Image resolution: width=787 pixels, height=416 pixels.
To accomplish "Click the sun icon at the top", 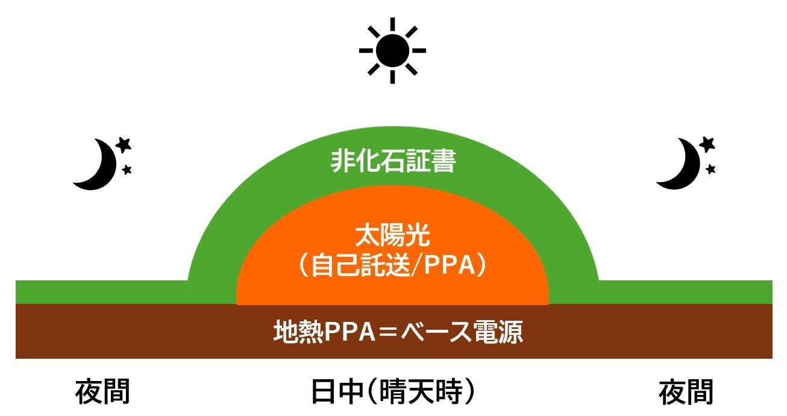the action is pos(392,51).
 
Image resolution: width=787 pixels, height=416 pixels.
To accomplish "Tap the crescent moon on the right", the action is pos(679,165).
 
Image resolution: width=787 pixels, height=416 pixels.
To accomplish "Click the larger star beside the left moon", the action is pos(123,145).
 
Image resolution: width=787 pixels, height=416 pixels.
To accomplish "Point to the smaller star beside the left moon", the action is pos(127,170).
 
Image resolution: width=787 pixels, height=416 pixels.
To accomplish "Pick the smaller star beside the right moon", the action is pos(711,169).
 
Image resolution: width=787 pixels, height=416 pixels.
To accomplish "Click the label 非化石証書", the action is pos(393,162).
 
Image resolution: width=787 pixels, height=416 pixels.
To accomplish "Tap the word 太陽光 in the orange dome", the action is pos(392,237).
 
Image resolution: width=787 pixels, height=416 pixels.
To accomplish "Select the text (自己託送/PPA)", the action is pos(392,266).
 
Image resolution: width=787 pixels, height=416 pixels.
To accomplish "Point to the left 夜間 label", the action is pos(102,392).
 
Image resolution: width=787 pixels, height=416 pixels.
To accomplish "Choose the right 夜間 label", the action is pos(686,392).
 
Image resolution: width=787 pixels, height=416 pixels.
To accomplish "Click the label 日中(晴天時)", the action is pos(393,392).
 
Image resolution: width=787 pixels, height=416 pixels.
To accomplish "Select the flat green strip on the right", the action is pos(687,292).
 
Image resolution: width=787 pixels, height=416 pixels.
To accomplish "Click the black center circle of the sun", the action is pos(392,51).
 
